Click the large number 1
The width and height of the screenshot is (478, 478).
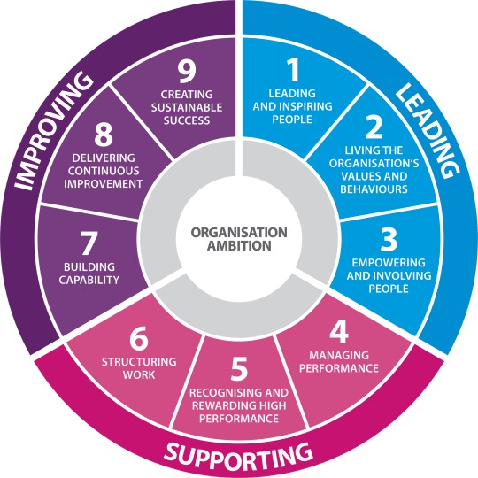point(293,70)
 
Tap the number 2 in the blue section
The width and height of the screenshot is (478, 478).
point(374,127)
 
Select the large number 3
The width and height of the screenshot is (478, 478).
point(389,240)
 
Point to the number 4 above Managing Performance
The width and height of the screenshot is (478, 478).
point(339,332)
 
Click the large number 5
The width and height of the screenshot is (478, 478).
point(239,369)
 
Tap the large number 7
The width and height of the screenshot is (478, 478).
point(89,243)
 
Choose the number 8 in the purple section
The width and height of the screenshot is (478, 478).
point(104,135)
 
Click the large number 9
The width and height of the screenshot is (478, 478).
point(187,71)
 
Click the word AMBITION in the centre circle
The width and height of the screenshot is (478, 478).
point(239,246)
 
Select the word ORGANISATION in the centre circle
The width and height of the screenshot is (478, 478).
point(239,233)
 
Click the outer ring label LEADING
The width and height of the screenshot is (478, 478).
point(428,130)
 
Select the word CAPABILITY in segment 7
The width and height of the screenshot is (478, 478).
point(89,280)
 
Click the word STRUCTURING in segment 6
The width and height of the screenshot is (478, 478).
point(139,362)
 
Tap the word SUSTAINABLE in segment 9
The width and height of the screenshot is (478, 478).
point(187,108)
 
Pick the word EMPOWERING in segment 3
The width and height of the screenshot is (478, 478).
point(389,263)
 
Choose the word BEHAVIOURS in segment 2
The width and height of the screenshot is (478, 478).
point(374,189)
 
